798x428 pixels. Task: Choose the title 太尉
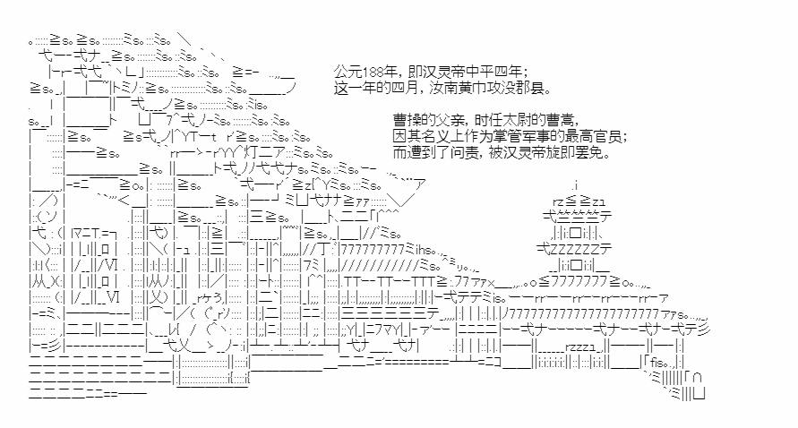pos(523,119)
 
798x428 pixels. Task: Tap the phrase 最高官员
pos(596,136)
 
